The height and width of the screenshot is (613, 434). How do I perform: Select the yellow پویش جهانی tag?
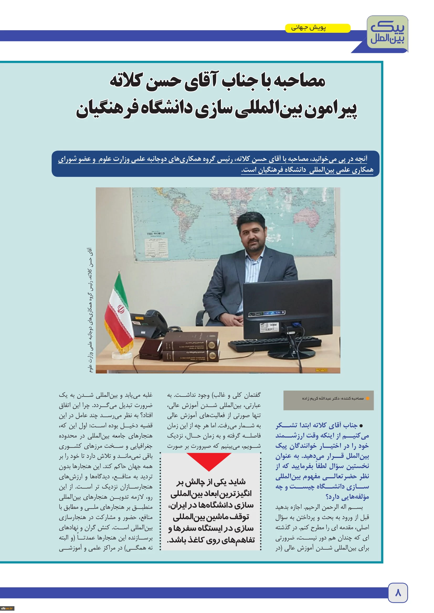pos(317,28)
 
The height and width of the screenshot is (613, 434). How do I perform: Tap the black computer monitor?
pos(287,307)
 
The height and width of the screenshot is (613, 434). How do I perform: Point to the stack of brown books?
pos(191,347)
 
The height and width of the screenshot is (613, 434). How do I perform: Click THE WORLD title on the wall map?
pos(156,234)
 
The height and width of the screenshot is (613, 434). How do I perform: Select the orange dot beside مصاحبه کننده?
pos(367,398)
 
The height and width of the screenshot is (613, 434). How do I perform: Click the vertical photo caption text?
pos(90,310)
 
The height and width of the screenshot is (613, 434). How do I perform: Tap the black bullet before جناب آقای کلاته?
pos(361,426)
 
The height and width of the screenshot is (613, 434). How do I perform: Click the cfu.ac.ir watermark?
pos(7,608)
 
